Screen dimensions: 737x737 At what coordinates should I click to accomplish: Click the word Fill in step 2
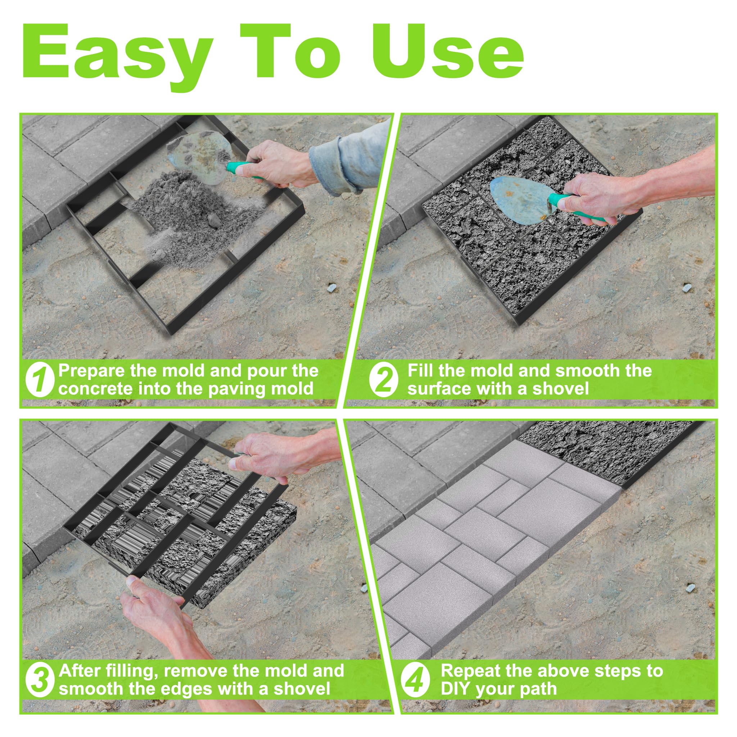420,370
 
